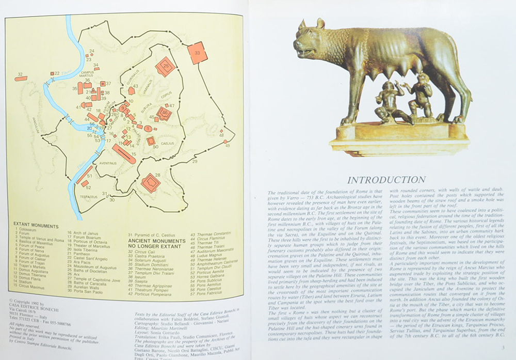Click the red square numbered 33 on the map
point(197,53)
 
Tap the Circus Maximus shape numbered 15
point(124,153)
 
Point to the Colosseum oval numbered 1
point(148,128)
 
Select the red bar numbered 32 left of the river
point(21,79)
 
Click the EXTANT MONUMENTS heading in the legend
point(35,224)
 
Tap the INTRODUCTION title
point(386,180)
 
